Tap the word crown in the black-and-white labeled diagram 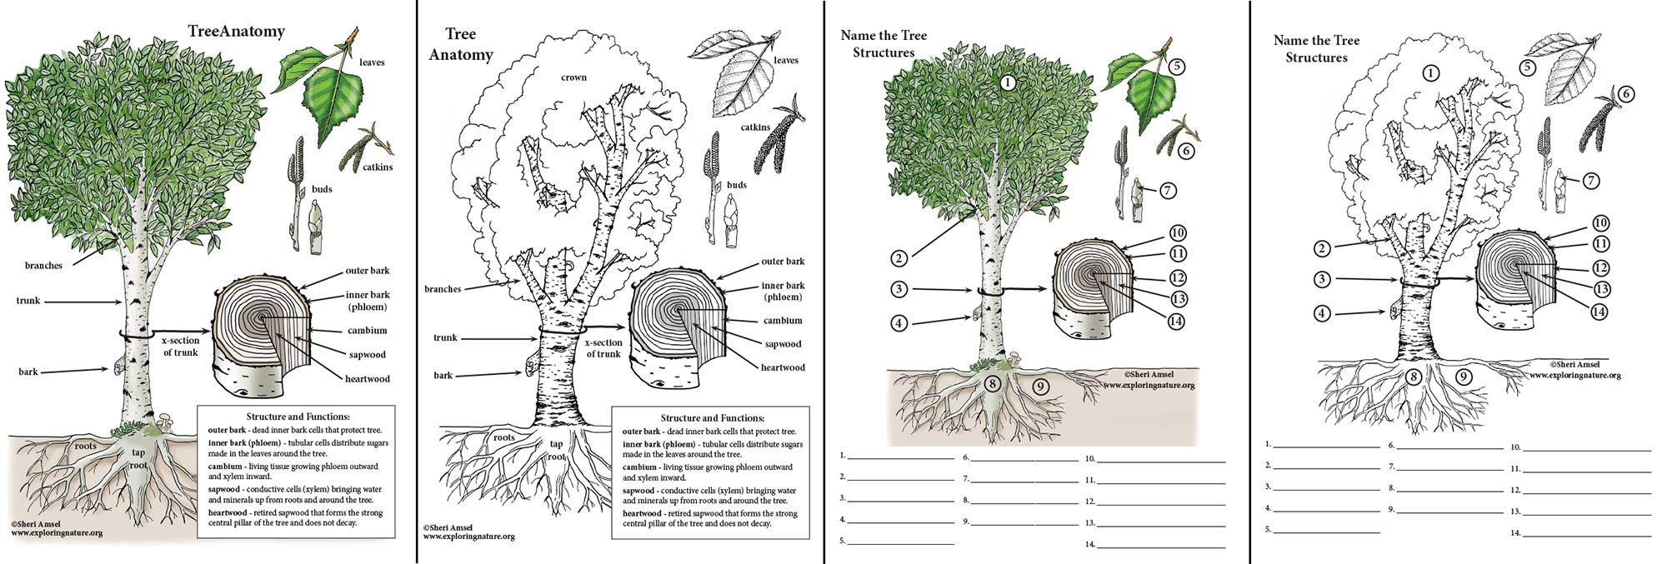tap(573, 77)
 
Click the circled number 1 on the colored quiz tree tap(1008, 82)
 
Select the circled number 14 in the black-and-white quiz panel tap(1598, 312)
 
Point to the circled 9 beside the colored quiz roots tap(1039, 387)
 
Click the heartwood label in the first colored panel tap(368, 379)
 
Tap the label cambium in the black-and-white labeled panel tap(783, 321)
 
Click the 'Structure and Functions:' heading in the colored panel tap(298, 417)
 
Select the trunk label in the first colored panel tap(28, 301)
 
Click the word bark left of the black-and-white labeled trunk tap(443, 376)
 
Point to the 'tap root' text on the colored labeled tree tap(138, 459)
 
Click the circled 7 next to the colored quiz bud tap(1168, 191)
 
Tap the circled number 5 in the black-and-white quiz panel tap(1527, 68)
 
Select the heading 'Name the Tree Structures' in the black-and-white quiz tap(1316, 49)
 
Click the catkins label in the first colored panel tap(378, 167)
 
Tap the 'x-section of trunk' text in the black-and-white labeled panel tap(603, 348)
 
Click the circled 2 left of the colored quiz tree tap(899, 258)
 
